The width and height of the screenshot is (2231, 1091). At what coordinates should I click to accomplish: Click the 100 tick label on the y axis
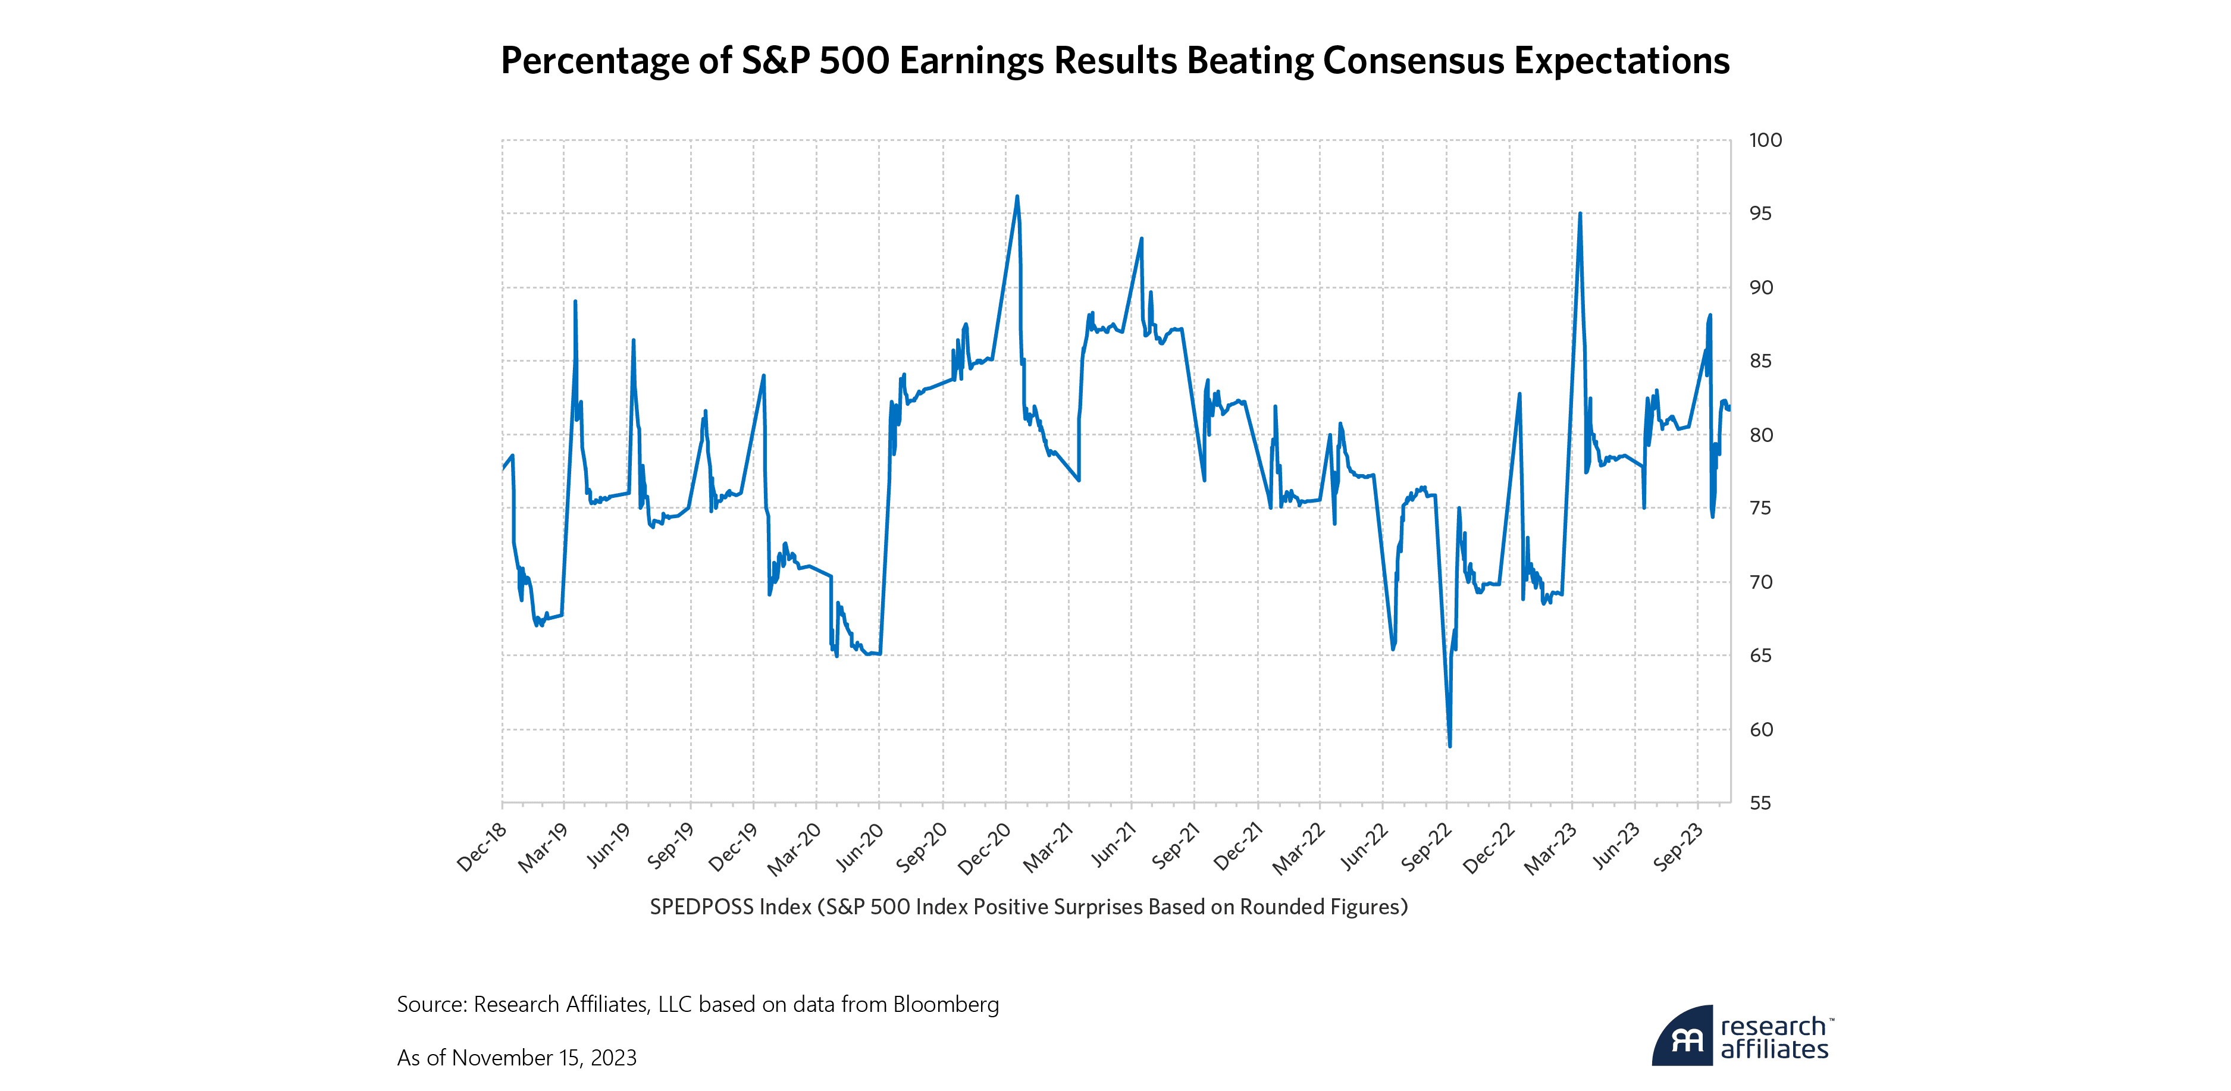click(x=1765, y=140)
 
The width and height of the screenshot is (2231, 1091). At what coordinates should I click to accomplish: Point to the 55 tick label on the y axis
click(x=1760, y=802)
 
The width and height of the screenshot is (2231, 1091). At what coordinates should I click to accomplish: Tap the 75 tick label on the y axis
click(x=1760, y=508)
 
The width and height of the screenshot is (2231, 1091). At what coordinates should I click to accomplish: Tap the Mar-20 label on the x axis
click(x=795, y=848)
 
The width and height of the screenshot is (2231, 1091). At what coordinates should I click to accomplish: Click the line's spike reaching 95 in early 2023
click(x=1580, y=214)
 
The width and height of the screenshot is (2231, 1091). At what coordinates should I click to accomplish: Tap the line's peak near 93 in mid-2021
click(x=1142, y=239)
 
